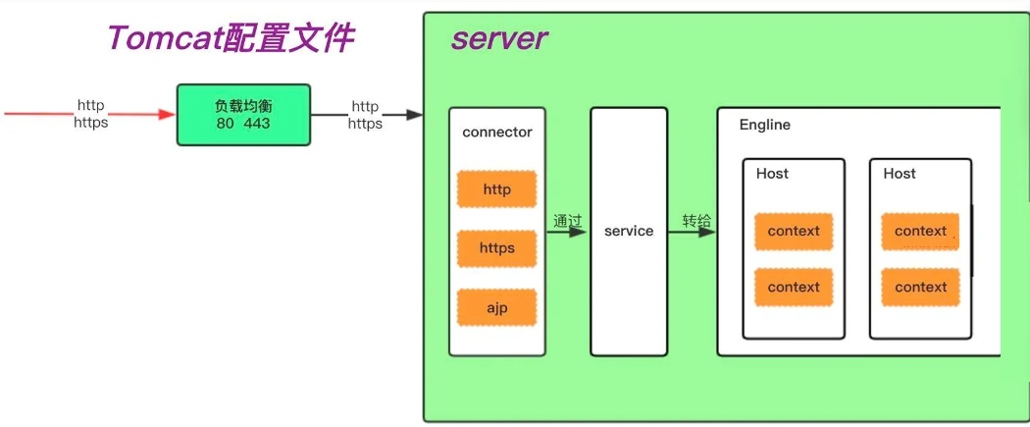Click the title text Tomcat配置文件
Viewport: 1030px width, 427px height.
[x=230, y=39]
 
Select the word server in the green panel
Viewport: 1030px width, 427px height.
[x=498, y=39]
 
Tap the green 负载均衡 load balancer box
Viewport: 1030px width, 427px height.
[x=243, y=115]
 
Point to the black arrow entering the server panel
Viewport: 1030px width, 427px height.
[x=398, y=115]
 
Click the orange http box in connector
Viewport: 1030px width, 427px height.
[x=496, y=189]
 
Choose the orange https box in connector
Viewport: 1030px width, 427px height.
[x=496, y=248]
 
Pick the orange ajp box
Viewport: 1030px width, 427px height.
[x=496, y=307]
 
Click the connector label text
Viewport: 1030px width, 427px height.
[x=496, y=133]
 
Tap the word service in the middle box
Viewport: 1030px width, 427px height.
[x=629, y=232]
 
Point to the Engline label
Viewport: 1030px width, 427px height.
[x=765, y=126]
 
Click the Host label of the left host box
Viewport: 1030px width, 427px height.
[x=772, y=174]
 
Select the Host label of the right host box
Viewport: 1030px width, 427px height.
[x=900, y=174]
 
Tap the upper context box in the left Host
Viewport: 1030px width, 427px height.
[x=794, y=232]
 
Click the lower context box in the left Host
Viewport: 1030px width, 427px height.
[x=794, y=288]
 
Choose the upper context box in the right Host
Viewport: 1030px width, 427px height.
[x=921, y=232]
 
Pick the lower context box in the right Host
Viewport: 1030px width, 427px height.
[x=921, y=288]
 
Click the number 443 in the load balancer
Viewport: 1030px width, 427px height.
[x=257, y=124]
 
